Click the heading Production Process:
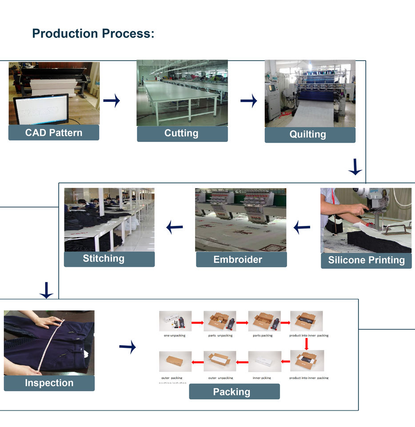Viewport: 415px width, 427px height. coord(93,34)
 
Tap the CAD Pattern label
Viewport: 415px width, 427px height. coord(54,133)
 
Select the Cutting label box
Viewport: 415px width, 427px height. coord(182,133)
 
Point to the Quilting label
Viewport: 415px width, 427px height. coord(310,135)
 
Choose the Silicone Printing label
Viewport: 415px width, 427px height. coord(367,261)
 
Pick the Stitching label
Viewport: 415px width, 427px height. coord(109,259)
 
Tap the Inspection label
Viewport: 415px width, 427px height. coord(49,383)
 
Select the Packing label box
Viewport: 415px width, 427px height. coord(234,392)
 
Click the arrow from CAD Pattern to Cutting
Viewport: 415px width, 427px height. coord(112,101)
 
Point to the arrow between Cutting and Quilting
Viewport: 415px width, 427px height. coord(249,101)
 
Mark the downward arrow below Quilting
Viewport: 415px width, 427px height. coord(355,167)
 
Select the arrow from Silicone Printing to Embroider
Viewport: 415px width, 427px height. coord(302,228)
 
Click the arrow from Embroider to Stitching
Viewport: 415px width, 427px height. coord(175,228)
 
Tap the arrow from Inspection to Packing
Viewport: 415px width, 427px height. coord(128,347)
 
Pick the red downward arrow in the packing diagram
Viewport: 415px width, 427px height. coord(306,343)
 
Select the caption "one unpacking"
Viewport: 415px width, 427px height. coord(175,335)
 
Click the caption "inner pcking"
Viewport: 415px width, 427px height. coord(262,378)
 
